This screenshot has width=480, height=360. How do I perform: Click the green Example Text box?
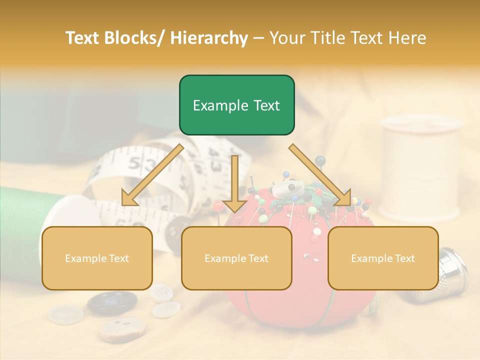[236, 105]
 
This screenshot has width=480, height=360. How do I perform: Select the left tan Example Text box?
[97, 258]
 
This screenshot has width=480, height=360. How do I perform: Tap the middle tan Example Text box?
[236, 258]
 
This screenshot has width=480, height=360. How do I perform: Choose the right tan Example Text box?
[383, 258]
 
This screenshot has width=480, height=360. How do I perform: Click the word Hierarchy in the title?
[209, 38]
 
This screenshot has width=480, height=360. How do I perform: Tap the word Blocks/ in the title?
[131, 38]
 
